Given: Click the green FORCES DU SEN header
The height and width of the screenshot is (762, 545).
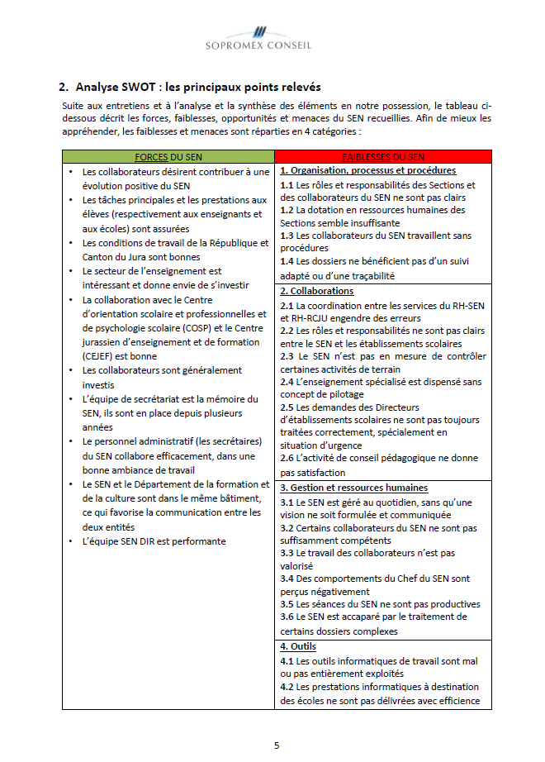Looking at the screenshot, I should click(x=168, y=157).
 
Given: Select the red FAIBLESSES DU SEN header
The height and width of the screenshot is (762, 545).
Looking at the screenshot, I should click(x=383, y=157).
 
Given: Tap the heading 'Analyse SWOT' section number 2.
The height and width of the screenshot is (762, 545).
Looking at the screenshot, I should click(x=64, y=87).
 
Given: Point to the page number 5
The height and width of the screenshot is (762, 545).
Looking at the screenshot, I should click(x=277, y=745).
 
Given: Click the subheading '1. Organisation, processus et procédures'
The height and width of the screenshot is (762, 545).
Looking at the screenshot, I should click(x=367, y=171).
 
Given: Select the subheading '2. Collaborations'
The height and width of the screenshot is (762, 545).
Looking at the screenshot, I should click(x=316, y=291).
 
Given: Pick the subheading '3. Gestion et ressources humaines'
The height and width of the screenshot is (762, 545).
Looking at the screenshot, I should click(x=353, y=488).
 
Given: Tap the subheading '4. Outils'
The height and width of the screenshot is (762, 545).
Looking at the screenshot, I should click(x=297, y=646).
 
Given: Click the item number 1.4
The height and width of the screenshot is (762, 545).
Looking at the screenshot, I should click(x=287, y=263).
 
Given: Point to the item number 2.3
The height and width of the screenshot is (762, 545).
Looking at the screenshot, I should click(x=287, y=357).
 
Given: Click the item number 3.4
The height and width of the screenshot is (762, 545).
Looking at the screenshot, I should click(x=287, y=579).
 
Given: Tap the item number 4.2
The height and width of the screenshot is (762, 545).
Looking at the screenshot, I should click(x=287, y=687).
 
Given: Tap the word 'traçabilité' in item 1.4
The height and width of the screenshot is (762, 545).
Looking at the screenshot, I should click(x=369, y=276).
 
